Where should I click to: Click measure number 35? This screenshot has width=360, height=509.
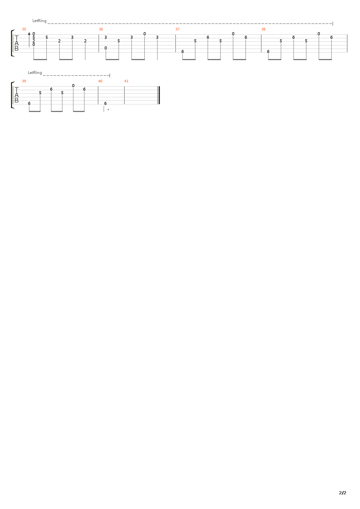(x=24, y=29)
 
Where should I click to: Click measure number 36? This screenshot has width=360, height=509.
(x=101, y=29)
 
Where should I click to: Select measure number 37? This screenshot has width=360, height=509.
(x=177, y=29)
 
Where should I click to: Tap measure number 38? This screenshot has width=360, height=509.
(x=263, y=29)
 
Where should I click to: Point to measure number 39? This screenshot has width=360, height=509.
(x=24, y=81)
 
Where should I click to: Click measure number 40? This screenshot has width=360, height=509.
(x=100, y=81)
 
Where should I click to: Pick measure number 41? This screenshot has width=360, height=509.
(x=126, y=81)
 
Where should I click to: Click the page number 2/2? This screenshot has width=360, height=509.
(x=342, y=493)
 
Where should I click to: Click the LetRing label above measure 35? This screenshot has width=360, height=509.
(x=39, y=21)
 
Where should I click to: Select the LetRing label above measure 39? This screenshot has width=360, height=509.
(x=35, y=73)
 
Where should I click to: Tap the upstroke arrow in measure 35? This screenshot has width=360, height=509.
(x=29, y=40)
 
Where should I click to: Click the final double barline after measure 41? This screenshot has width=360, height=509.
(x=159, y=95)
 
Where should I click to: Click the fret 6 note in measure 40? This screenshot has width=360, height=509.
(x=105, y=103)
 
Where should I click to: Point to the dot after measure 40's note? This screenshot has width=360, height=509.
(x=108, y=110)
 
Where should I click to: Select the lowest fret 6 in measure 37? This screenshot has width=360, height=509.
(x=183, y=52)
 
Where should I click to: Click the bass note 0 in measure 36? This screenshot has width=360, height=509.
(x=106, y=48)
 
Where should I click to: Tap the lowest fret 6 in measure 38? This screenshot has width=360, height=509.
(x=268, y=52)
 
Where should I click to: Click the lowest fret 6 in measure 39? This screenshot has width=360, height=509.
(x=29, y=103)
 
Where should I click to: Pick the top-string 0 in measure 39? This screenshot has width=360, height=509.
(x=73, y=86)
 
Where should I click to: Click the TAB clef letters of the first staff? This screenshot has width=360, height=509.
(x=16, y=43)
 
